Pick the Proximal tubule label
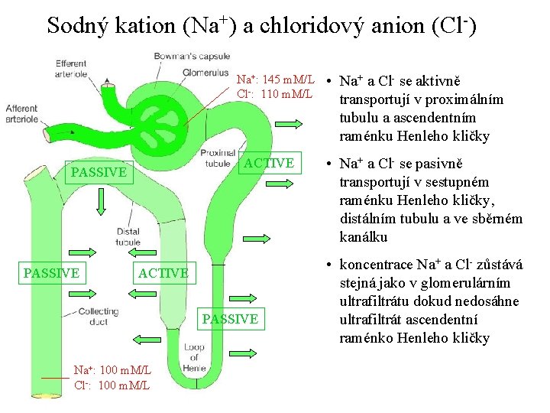pyautogui.click(x=218, y=158)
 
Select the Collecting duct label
pyautogui.click(x=99, y=316)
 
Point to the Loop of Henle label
pyautogui.click(x=194, y=357)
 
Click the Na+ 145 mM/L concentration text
pyautogui.click(x=275, y=80)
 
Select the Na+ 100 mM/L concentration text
pyautogui.click(x=112, y=370)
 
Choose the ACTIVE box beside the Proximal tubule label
pyautogui.click(x=269, y=163)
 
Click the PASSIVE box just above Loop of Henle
pyautogui.click(x=230, y=319)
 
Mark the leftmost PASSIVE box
pyautogui.click(x=51, y=273)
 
